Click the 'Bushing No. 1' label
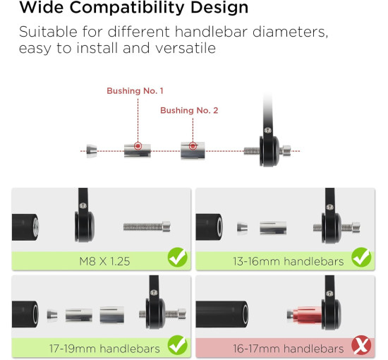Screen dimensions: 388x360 [135, 91]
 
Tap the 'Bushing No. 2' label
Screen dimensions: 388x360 [189, 110]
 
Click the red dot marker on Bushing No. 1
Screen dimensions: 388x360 [138, 146]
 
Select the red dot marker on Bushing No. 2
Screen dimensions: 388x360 [193, 146]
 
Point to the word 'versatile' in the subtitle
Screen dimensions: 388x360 [186, 48]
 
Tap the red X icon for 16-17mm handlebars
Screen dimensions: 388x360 [361, 345]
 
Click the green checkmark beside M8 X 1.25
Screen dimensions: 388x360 [177, 257]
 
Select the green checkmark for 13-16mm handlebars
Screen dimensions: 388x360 [361, 257]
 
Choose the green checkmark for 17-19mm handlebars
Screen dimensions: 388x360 [177, 345]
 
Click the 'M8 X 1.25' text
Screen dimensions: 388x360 [104, 261]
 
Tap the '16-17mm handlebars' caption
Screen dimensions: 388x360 [289, 349]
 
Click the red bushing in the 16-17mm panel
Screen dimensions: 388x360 [307, 315]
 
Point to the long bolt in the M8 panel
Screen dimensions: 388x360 [147, 227]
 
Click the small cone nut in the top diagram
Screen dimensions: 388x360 [92, 151]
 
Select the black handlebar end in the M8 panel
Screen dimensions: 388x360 [25, 227]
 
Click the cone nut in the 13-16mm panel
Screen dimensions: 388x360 [242, 228]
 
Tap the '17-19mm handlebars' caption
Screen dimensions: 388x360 [104, 349]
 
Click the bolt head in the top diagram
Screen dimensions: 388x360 [286, 150]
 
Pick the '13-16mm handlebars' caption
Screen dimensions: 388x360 [289, 261]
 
